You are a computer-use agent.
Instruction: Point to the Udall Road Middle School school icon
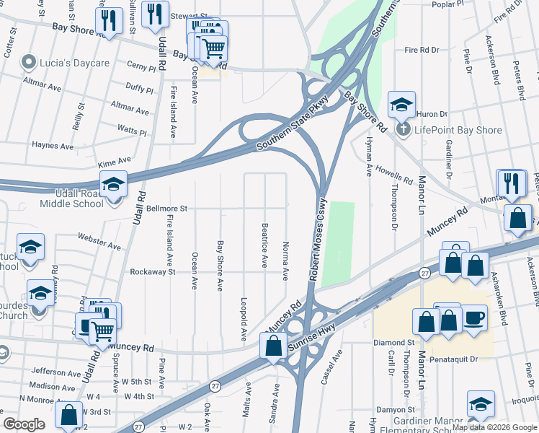tap(113, 186)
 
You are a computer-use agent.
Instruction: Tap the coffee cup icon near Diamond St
tap(473, 320)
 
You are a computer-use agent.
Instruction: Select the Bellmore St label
tap(167, 209)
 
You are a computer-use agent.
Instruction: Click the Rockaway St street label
tap(153, 272)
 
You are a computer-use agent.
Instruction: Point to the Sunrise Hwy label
tap(316, 337)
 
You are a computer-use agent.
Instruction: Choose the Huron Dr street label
tap(432, 114)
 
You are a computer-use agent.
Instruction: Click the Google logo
tap(24, 424)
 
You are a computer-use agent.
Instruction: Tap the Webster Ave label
tap(99, 242)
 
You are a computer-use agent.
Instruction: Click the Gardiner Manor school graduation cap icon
tap(481, 404)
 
